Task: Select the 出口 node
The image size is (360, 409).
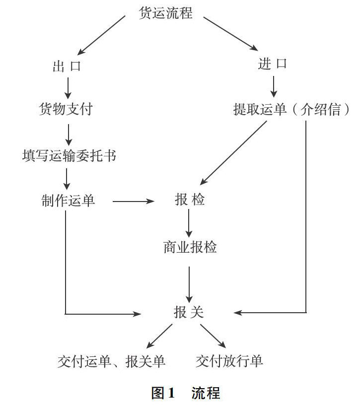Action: click(67, 66)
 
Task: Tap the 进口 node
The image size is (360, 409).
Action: click(272, 64)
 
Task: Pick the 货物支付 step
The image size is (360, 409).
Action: click(66, 109)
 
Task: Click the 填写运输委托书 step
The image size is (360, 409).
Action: click(70, 155)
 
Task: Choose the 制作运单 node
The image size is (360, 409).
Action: click(68, 201)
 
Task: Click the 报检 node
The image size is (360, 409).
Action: click(190, 200)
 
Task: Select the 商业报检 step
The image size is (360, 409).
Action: click(190, 247)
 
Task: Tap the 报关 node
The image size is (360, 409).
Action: click(189, 312)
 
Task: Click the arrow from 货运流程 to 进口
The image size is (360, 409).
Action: click(230, 33)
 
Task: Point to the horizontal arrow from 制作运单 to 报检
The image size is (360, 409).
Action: click(134, 202)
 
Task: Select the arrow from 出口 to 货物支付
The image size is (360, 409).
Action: click(68, 87)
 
